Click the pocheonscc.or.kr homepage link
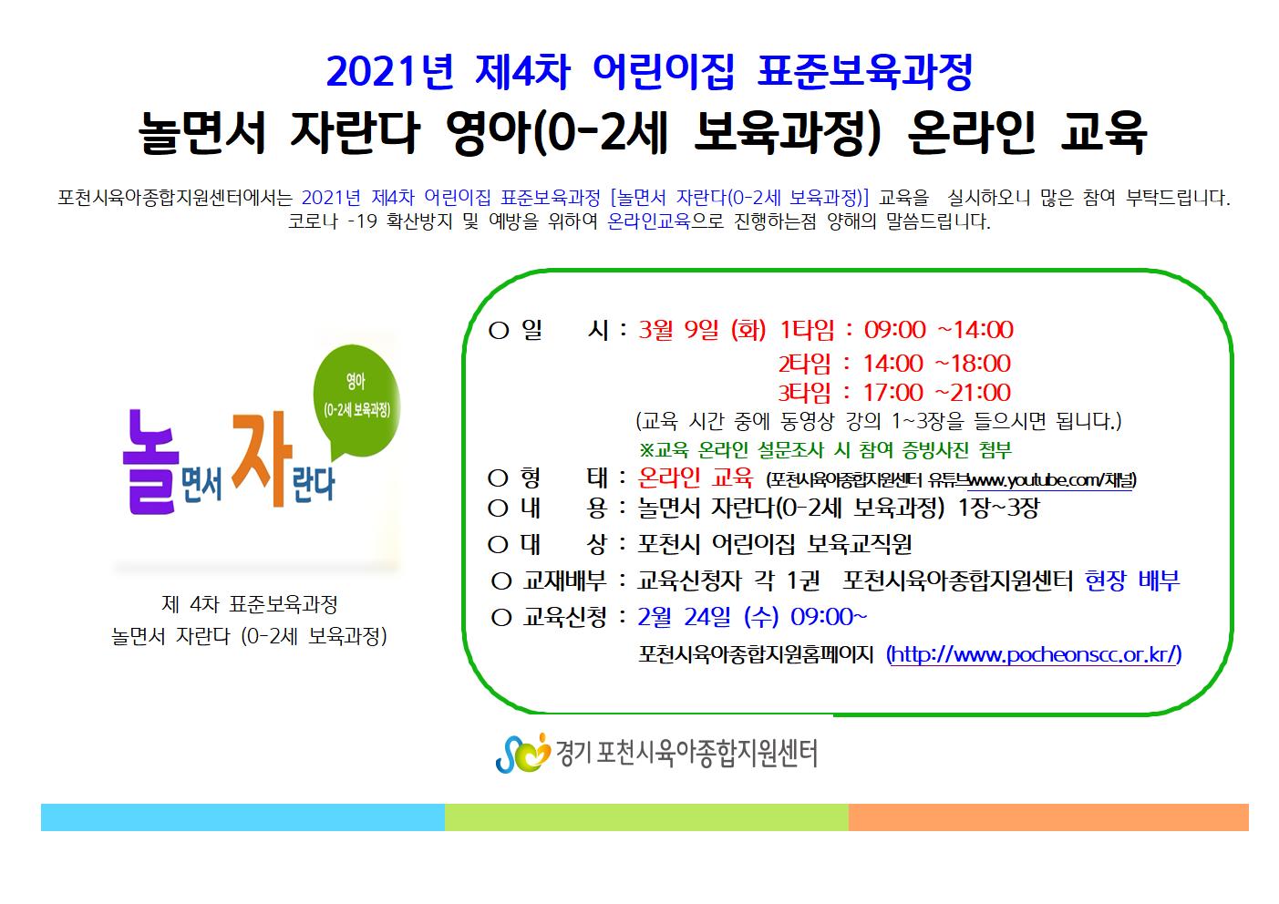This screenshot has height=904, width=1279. coord(1034,654)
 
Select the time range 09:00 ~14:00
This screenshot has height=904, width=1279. coord(938,330)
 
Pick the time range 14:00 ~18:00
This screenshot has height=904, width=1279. coord(936,364)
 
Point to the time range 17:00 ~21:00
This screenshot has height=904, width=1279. coord(936,393)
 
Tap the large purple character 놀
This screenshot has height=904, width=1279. coord(148,462)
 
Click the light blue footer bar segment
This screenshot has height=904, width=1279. coord(242,817)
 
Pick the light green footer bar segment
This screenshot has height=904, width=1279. coord(646,817)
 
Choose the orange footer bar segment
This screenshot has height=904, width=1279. coord(1048,817)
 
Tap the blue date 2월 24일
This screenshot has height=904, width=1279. coord(684,617)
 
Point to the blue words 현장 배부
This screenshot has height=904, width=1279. coord(1132,581)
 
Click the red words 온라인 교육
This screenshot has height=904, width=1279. coord(695,478)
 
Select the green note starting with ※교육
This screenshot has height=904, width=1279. coord(825,450)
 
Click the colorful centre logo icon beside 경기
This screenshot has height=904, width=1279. coord(522,753)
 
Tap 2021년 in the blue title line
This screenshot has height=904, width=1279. coord(390,71)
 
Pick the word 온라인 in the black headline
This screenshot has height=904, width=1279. coord(971,132)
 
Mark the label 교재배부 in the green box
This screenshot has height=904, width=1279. coord(564,581)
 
